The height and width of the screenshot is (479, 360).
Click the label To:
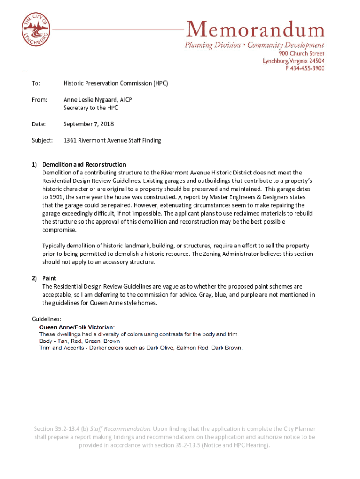[x=36, y=83]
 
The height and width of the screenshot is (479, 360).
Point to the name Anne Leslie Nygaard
[x=91, y=100]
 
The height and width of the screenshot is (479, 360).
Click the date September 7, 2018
[x=88, y=124]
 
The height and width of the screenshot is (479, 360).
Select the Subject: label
[x=42, y=140]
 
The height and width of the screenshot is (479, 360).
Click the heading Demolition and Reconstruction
[x=84, y=165]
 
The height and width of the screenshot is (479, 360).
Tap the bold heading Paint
[x=49, y=278]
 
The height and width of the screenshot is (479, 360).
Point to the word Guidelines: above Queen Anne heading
[x=46, y=319]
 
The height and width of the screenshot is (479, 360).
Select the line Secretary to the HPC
[x=91, y=108]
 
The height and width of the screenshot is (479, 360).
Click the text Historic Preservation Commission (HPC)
[x=115, y=83]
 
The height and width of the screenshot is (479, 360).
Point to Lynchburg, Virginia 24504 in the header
[x=293, y=61]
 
